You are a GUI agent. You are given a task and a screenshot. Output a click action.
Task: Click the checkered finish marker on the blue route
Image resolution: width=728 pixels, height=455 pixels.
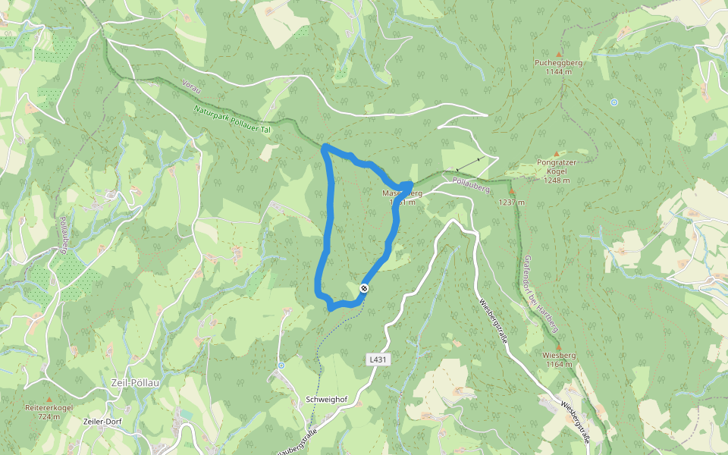365,288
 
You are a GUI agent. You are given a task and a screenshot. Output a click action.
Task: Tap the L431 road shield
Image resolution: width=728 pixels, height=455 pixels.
378,359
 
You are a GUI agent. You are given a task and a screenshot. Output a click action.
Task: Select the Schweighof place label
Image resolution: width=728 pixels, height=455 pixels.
326,399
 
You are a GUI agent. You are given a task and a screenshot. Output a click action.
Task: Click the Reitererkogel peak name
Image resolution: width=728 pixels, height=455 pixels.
49,407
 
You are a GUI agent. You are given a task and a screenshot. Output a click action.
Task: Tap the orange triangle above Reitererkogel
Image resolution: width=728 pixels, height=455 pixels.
49,398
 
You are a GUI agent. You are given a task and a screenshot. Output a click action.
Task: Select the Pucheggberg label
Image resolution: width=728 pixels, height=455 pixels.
558,63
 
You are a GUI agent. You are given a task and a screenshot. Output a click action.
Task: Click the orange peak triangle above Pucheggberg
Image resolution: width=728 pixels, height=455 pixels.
559,54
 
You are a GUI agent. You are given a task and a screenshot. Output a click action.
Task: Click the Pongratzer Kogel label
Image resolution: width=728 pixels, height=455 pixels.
557,167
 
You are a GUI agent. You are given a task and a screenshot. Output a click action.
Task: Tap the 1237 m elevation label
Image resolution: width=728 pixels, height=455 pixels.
512,202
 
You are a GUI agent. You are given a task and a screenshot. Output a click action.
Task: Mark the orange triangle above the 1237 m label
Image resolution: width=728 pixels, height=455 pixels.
512,192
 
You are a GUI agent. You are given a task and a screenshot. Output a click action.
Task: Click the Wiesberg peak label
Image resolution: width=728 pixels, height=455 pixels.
558,355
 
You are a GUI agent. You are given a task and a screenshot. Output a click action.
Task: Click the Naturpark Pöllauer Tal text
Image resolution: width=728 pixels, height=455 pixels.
231,119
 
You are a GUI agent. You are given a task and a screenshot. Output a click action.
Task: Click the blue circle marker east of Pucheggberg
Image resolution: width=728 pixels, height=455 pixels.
613,102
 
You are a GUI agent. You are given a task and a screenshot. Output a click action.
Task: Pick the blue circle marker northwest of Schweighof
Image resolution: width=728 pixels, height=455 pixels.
281,366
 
